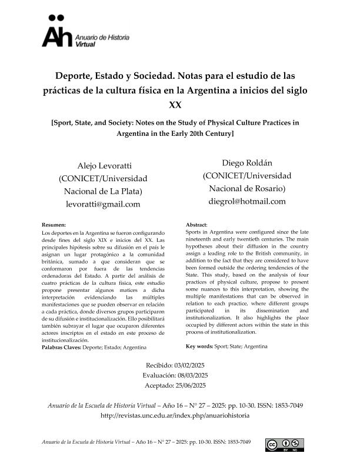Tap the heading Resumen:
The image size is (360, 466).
point(54,225)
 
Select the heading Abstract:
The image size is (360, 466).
point(196,225)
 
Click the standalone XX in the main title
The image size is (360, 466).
point(175,105)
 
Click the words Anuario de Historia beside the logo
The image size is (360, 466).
point(98,37)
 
